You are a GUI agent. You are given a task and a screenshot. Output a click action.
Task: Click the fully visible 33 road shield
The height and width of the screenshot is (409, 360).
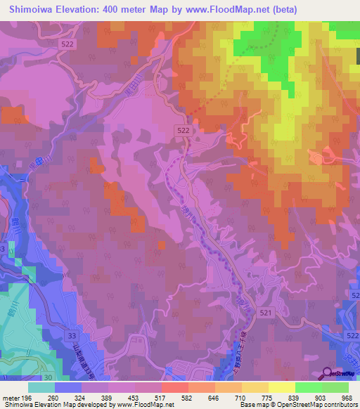[x=74, y=337]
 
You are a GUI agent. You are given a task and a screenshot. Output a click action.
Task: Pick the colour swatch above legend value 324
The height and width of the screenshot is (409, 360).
[x=95, y=387]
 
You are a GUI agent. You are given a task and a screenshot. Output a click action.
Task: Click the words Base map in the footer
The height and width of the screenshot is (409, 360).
[x=252, y=405]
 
